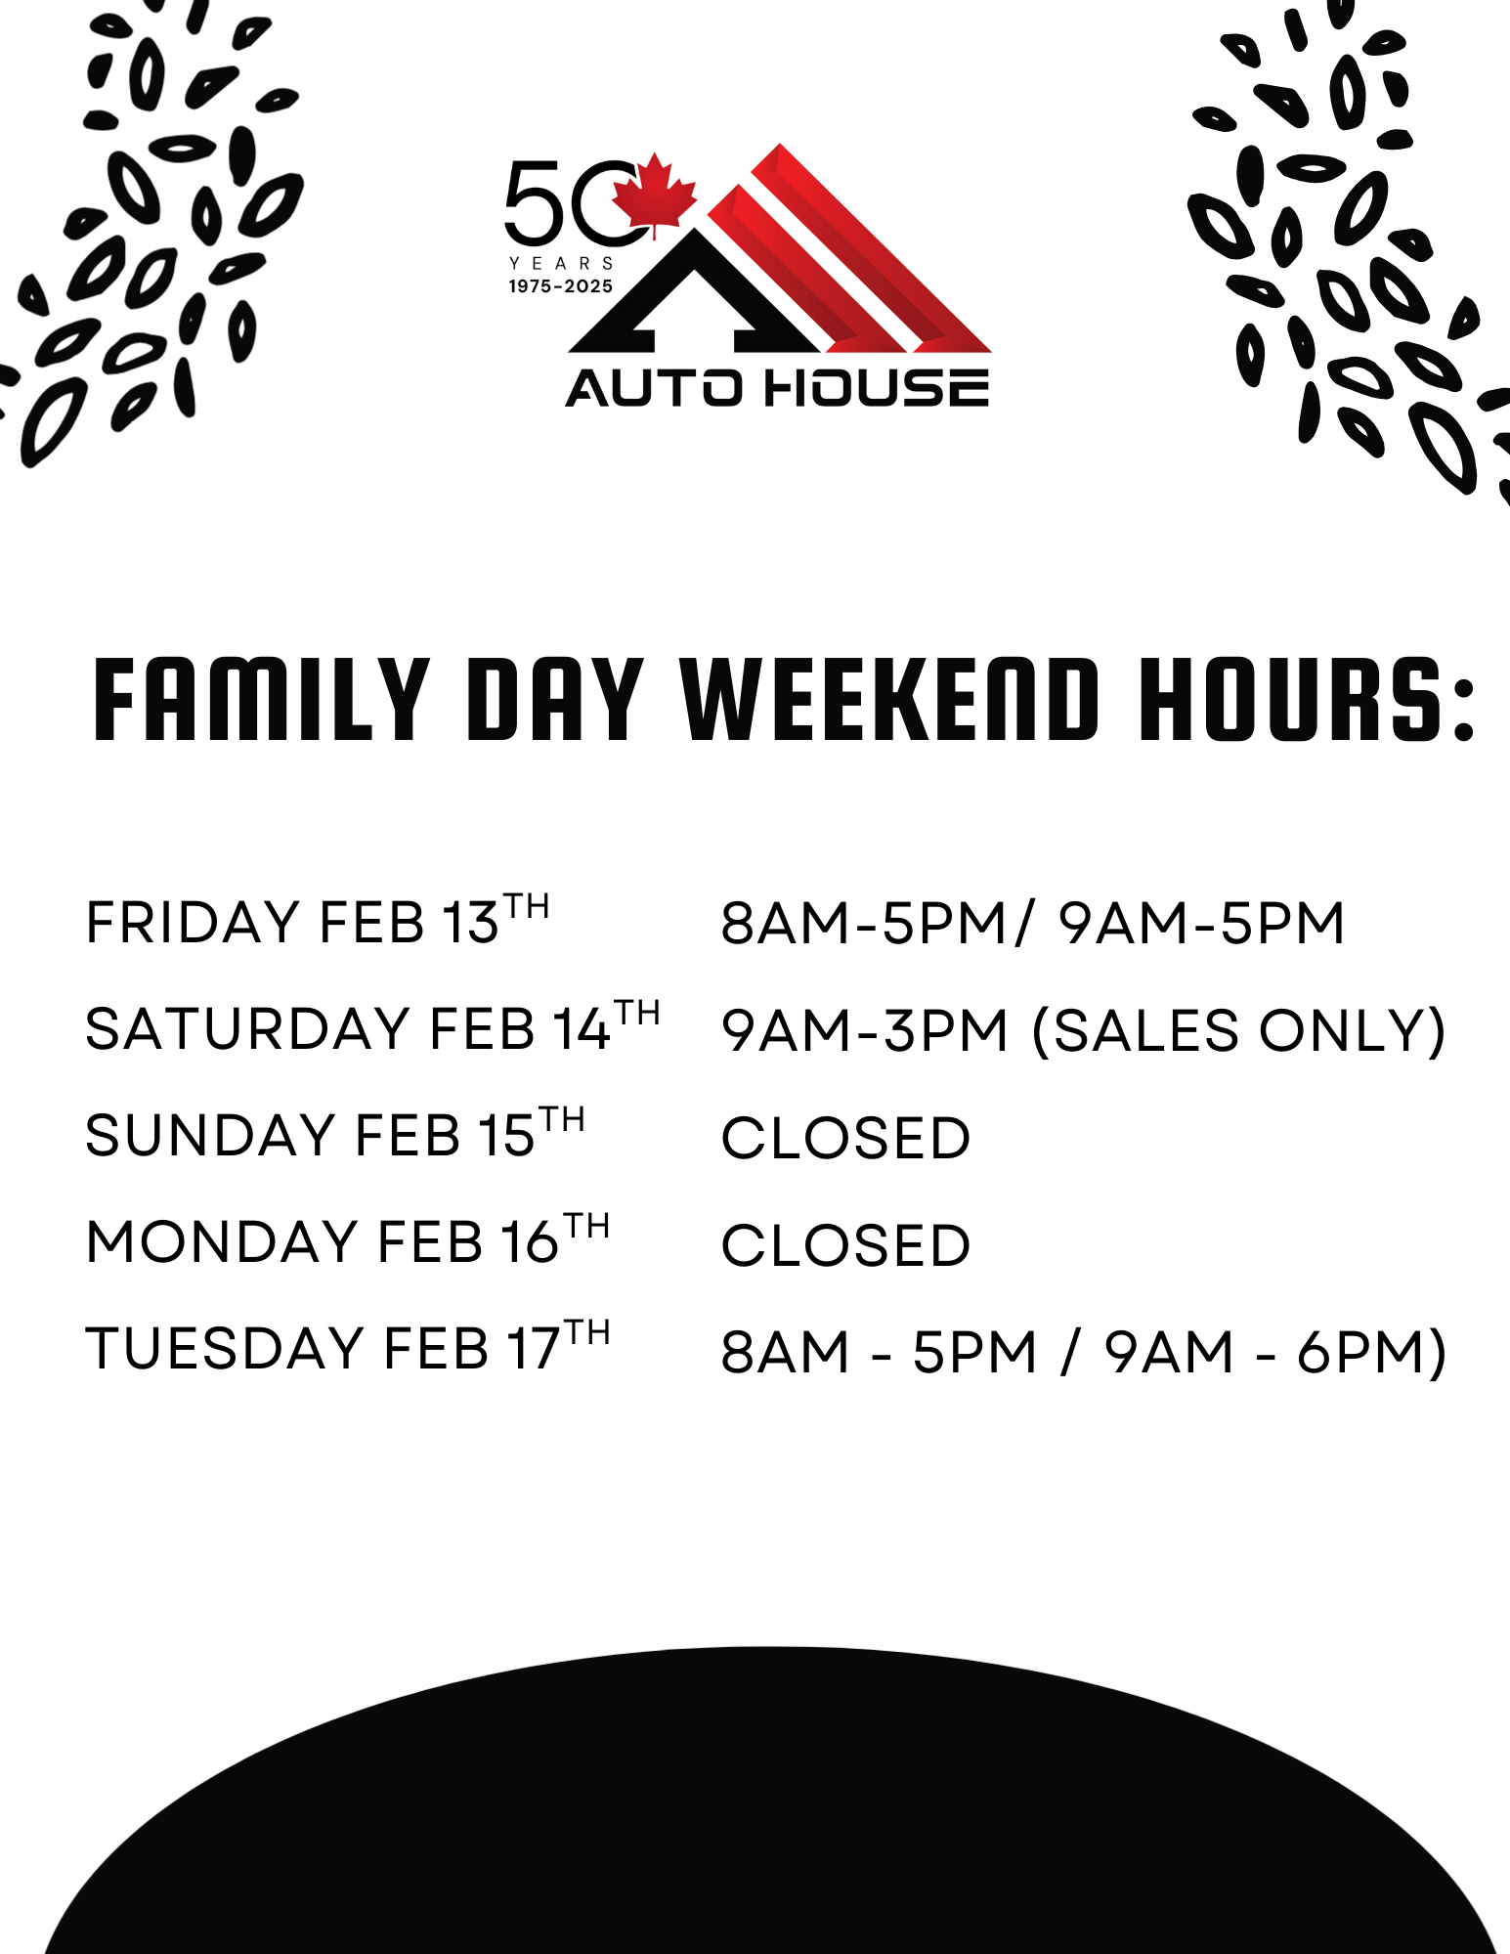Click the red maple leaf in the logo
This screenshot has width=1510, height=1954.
[654, 195]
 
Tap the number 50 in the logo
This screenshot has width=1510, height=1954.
[572, 202]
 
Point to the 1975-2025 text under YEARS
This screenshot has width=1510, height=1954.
[561, 286]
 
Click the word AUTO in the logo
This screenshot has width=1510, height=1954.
[654, 387]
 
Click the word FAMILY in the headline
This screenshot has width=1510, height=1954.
[261, 699]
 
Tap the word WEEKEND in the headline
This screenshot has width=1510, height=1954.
[889, 699]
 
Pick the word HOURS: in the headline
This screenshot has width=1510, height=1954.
[1307, 699]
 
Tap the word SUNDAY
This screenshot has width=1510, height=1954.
[210, 1136]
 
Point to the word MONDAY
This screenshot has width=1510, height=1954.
[222, 1242]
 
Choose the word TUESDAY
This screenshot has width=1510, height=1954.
[225, 1349]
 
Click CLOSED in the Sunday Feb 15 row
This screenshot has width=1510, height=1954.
[845, 1139]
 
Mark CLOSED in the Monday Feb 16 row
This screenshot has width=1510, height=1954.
[845, 1246]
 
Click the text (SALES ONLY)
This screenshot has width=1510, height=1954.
[1239, 1031]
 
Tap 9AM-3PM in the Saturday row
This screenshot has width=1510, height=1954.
[864, 1031]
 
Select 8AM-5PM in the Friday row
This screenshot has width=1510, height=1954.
[864, 924]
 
